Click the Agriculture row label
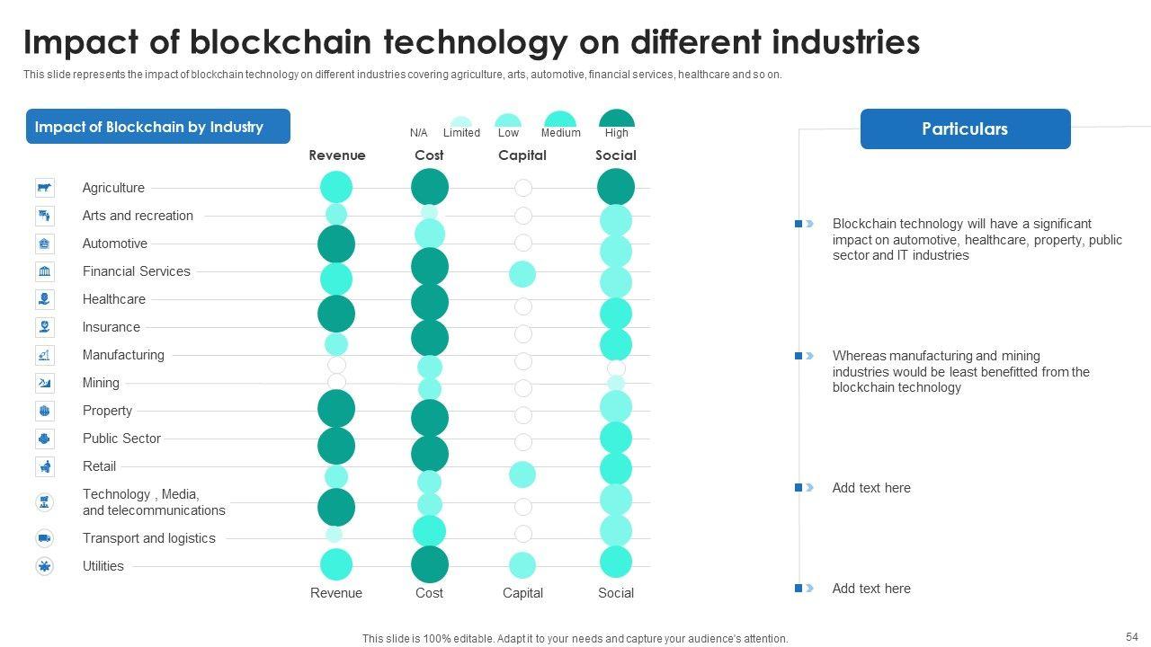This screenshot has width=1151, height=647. pos(113,188)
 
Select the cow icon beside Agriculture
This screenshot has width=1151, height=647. pos(44,188)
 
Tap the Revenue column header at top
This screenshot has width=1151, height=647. pos(337,155)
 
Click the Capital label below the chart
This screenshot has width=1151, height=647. pos(522,593)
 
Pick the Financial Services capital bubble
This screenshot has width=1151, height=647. pos(522,274)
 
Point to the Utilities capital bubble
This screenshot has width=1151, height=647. pos(522,565)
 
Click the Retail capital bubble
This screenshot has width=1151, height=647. pos(522,474)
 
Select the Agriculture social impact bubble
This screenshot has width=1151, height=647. pos(616,187)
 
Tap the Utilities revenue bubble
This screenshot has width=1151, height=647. pos(336,564)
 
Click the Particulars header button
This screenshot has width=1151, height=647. pos(965,129)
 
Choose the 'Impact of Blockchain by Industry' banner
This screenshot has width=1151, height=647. pos(157,127)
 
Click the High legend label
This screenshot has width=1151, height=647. pos(617,133)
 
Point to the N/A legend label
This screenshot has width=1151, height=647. pos(418,133)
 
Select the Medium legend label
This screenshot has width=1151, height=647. pos(560,133)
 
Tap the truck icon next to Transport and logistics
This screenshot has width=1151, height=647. pos(44,538)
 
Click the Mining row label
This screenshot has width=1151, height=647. pos(101,383)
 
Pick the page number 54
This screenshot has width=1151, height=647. pos(1131,636)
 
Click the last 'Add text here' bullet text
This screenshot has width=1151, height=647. pos(871,589)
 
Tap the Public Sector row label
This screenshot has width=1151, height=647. pos(121,439)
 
